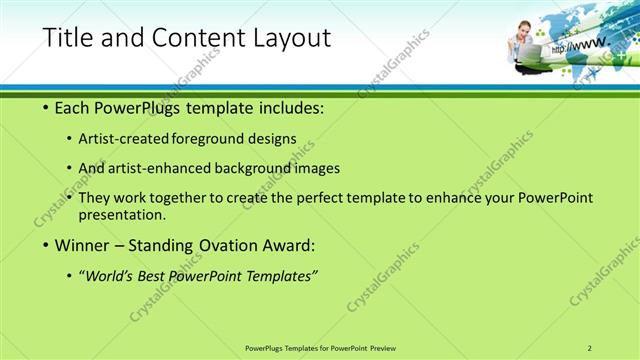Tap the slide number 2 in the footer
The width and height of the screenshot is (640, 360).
pos(590,347)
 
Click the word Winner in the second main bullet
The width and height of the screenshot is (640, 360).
pos(79,245)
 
